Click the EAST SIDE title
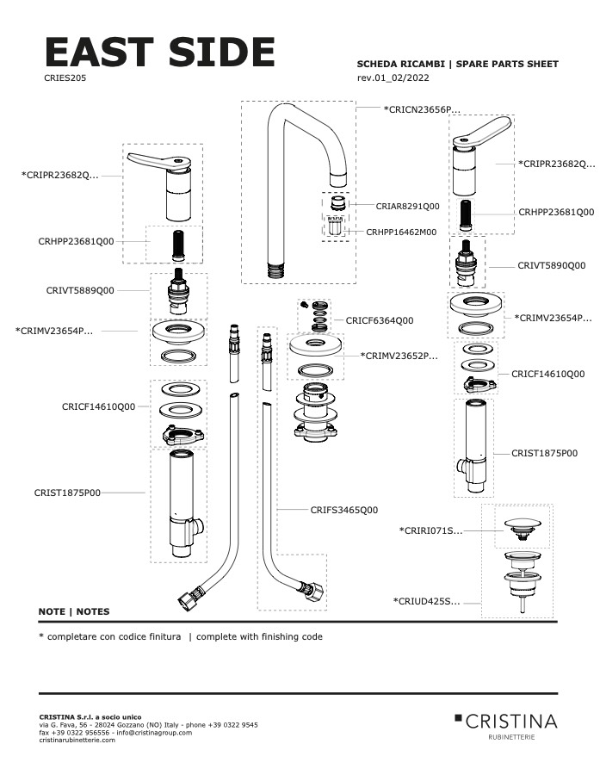tap(159, 53)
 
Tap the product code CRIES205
tap(64, 77)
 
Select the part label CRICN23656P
tap(422, 109)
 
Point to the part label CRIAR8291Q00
tap(407, 207)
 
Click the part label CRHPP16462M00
tap(401, 232)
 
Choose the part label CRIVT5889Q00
tap(80, 291)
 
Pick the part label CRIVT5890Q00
tap(551, 265)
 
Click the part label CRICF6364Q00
tap(380, 320)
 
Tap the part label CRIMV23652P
tap(399, 355)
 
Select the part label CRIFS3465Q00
tap(343, 510)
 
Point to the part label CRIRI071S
tap(430, 530)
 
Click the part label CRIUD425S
tap(426, 601)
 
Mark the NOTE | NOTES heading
tap(74, 611)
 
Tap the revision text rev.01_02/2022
tap(393, 78)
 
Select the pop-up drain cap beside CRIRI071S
tap(522, 524)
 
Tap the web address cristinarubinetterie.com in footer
tap(77, 740)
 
